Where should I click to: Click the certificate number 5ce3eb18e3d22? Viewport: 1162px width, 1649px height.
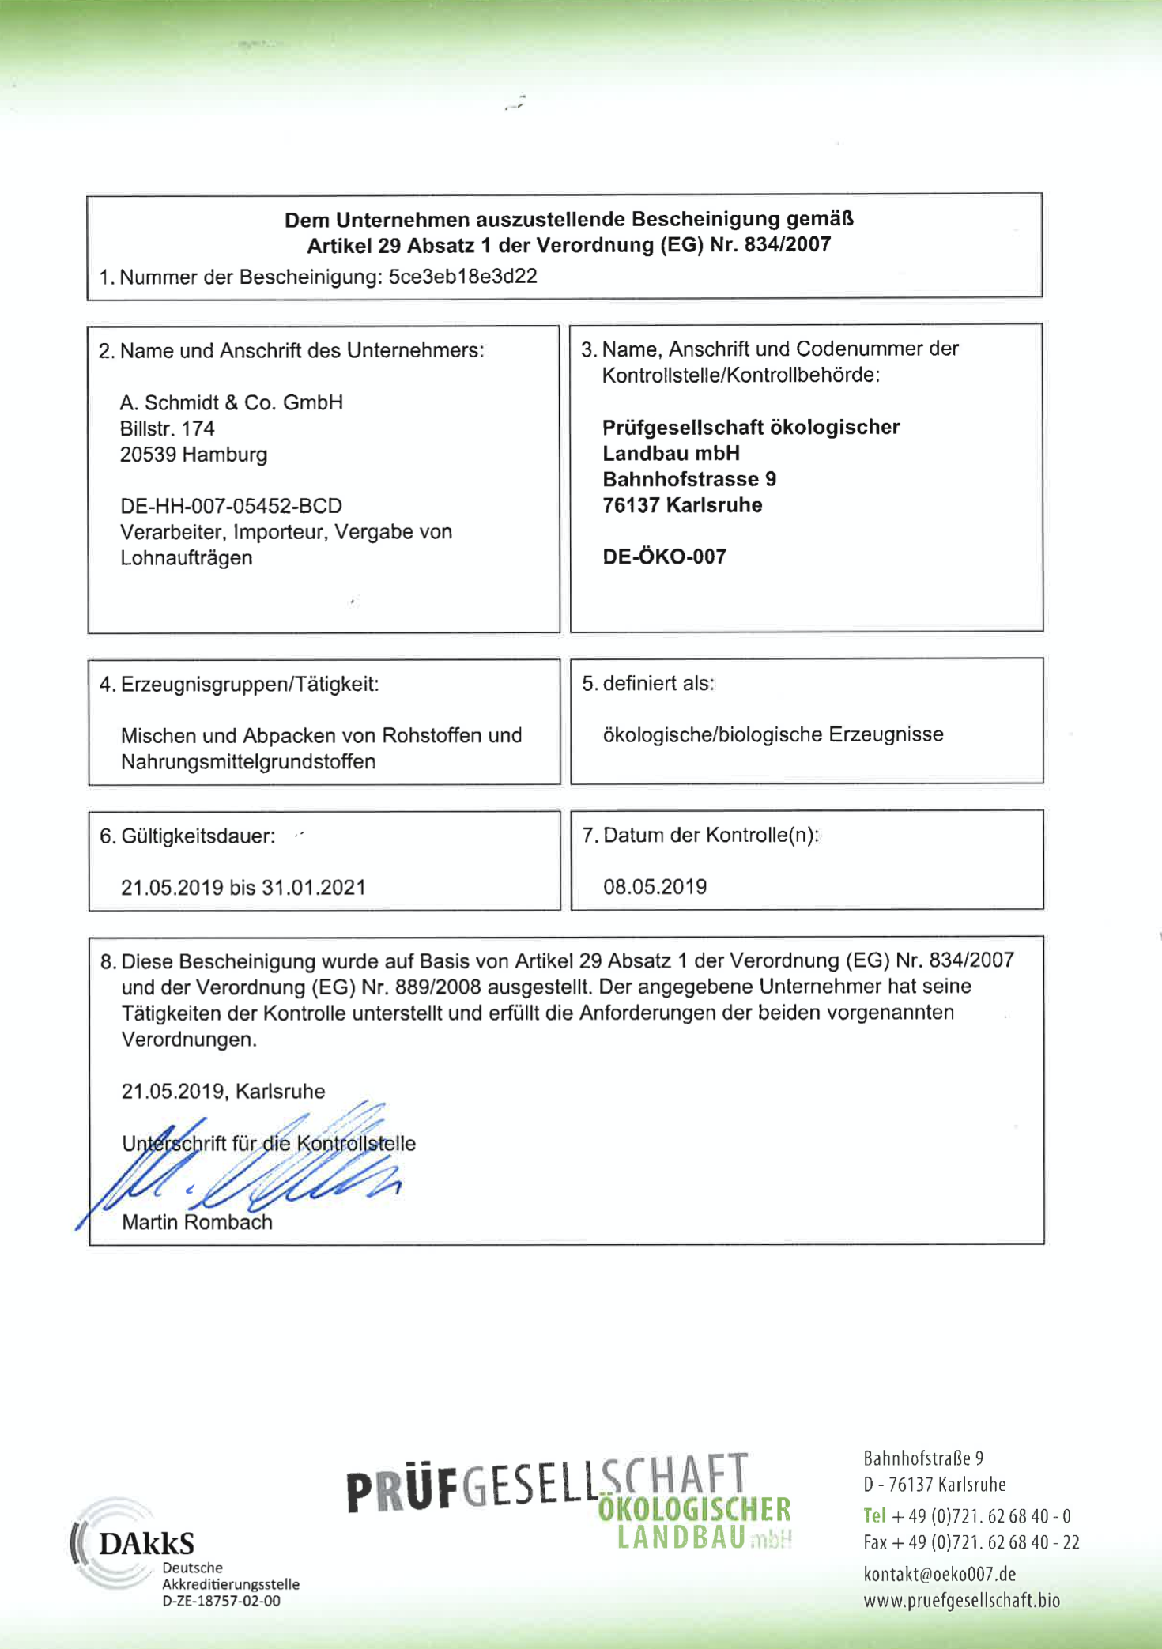[462, 277]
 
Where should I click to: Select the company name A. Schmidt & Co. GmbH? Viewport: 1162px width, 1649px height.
[231, 402]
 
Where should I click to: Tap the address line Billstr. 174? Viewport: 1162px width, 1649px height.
[167, 428]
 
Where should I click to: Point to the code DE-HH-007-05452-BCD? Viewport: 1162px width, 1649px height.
[231, 506]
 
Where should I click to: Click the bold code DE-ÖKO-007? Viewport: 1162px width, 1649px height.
[664, 557]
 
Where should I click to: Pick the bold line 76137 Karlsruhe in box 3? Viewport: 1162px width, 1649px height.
[682, 505]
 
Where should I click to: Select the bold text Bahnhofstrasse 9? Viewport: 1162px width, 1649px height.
[689, 479]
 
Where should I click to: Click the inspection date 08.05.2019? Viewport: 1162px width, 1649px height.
[655, 887]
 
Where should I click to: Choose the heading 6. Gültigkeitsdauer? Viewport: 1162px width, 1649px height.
[187, 836]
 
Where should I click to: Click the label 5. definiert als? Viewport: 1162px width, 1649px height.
[648, 684]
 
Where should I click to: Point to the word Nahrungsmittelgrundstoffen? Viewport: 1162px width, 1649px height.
[248, 762]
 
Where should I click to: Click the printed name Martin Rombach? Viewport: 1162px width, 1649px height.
[197, 1222]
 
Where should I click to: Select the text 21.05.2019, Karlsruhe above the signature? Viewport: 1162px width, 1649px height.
[223, 1092]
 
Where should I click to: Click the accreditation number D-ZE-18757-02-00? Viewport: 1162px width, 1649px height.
[221, 1602]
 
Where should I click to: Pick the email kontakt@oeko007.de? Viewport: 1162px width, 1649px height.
[939, 1574]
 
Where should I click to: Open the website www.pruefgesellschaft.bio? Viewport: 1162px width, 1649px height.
[961, 1601]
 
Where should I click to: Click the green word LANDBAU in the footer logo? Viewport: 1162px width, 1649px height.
[681, 1538]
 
